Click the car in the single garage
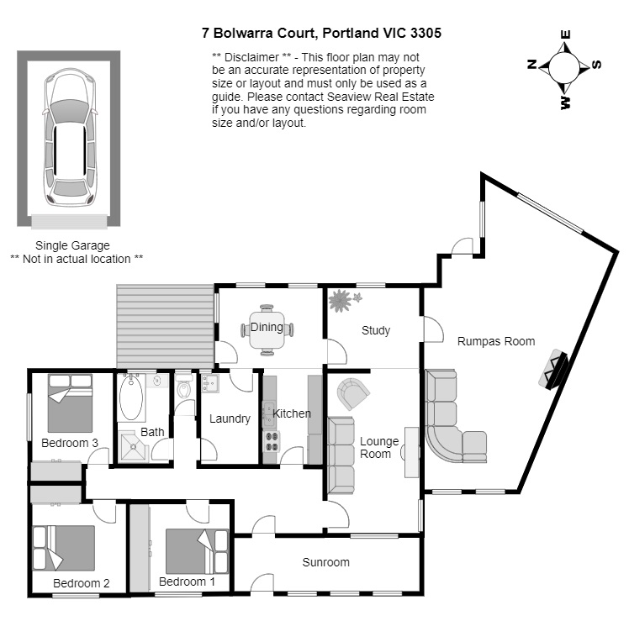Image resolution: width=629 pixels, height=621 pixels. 71,137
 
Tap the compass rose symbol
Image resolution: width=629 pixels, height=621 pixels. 564,66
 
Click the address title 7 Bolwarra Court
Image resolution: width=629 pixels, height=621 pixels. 321,34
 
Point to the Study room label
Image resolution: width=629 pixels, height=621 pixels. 376,330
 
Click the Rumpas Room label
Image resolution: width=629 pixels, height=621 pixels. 496,341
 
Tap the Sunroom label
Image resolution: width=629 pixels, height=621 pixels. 325,562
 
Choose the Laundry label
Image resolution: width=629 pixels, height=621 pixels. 230,418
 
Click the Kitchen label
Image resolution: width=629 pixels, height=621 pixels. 292,413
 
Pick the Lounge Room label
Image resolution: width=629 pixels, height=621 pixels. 376,447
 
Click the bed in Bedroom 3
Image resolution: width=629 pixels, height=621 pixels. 70,403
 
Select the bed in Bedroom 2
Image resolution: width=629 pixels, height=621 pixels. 63,547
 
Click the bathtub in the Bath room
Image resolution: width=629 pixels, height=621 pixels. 132,398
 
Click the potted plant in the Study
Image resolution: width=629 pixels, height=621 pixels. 341,300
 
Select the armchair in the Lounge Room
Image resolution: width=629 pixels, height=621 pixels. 353,392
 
